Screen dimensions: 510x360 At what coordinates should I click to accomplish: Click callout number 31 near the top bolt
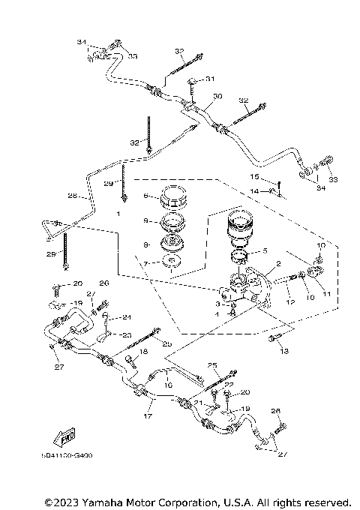[x=211, y=79]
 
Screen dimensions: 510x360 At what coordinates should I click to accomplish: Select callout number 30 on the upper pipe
[x=217, y=96]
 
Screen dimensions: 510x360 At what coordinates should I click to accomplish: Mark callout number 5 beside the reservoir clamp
[x=265, y=251]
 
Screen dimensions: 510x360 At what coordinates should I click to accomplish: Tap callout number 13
[x=283, y=349]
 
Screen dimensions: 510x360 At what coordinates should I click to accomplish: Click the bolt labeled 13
[x=272, y=340]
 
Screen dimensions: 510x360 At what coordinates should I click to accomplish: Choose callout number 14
[x=254, y=192]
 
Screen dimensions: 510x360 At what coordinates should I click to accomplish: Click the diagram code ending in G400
[x=64, y=454]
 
